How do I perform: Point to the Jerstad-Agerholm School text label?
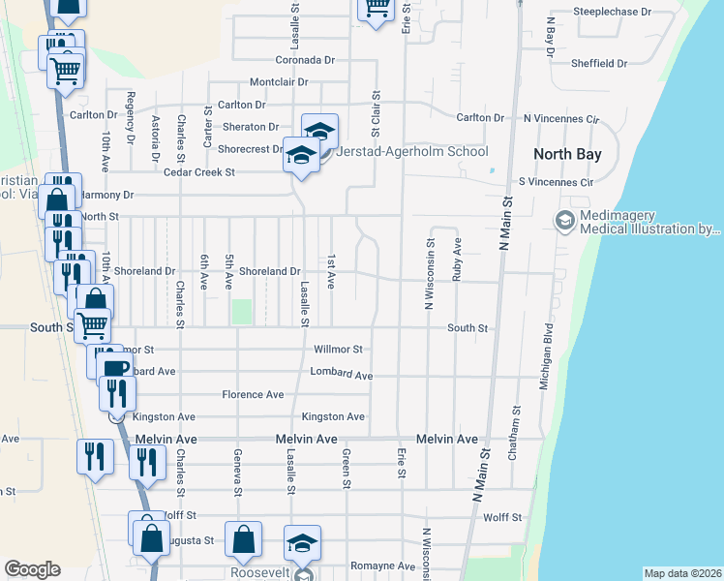(x=411, y=151)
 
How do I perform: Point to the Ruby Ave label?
(x=457, y=260)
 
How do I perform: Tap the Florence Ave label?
(x=253, y=395)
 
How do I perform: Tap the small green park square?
(x=241, y=313)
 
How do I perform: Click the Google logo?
(x=32, y=569)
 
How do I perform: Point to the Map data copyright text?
(x=682, y=573)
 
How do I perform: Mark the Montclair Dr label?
(x=278, y=82)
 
